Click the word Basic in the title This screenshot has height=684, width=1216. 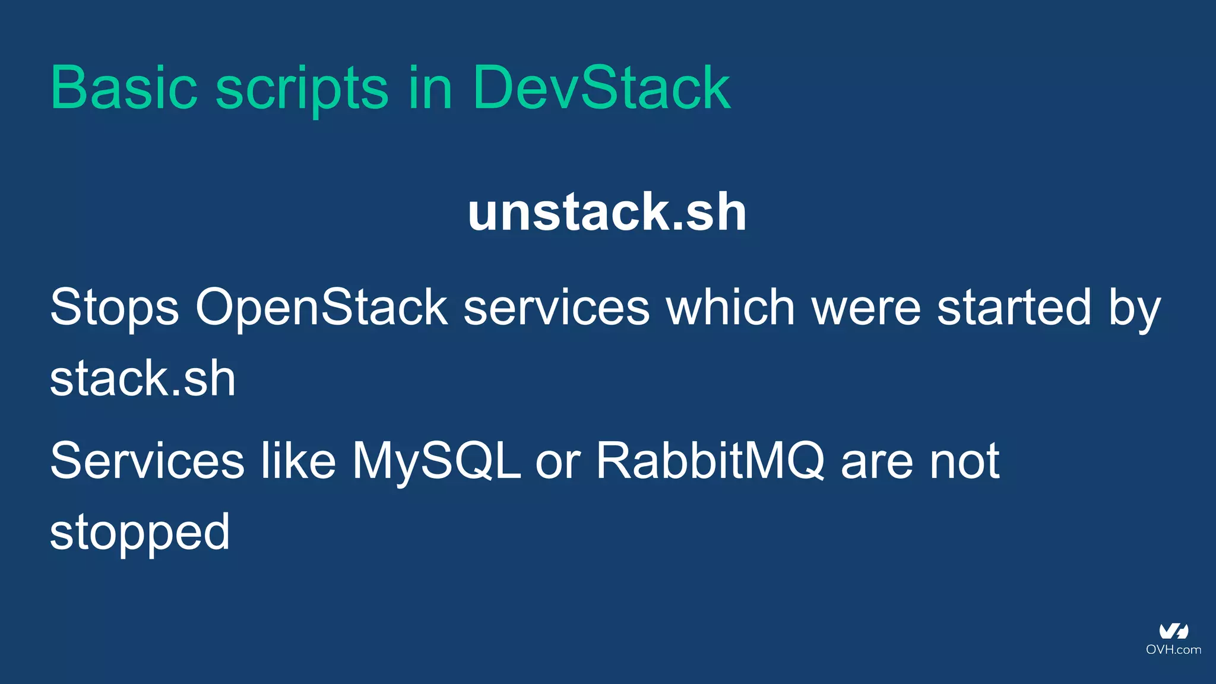pyautogui.click(x=124, y=88)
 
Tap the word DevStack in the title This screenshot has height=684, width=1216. pyautogui.click(x=601, y=88)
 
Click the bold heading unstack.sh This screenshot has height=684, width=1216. pyautogui.click(x=607, y=212)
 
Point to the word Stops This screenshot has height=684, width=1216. pyautogui.click(x=115, y=308)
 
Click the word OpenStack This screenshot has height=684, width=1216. pyautogui.click(x=321, y=308)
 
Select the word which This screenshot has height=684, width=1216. pyautogui.click(x=730, y=308)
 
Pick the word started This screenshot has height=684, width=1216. pyautogui.click(x=1014, y=308)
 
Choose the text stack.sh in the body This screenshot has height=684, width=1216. pyautogui.click(x=143, y=378)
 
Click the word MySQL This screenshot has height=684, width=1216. pyautogui.click(x=436, y=461)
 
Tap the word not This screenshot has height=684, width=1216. pyautogui.click(x=964, y=461)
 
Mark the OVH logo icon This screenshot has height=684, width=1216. pyautogui.click(x=1174, y=631)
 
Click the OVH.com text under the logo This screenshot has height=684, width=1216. pyautogui.click(x=1174, y=650)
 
